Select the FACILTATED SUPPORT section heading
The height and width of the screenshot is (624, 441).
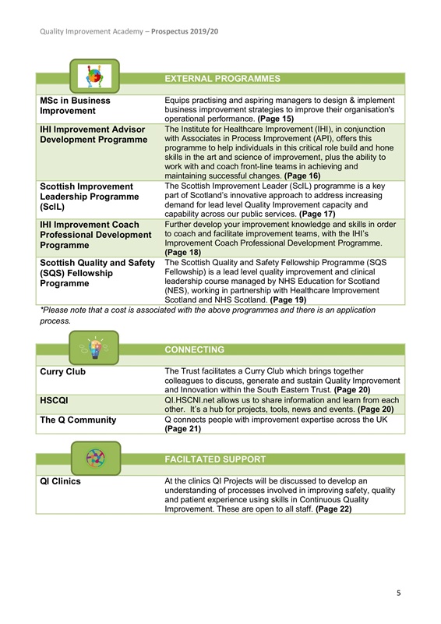[x=215, y=459]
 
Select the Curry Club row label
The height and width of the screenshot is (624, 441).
[x=63, y=371]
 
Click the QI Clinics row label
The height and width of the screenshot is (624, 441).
[x=60, y=481]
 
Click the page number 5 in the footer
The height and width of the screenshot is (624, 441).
[x=398, y=594]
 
